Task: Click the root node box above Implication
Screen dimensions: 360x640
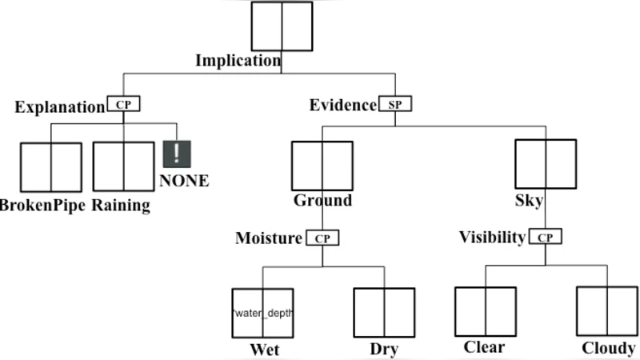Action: [x=282, y=26]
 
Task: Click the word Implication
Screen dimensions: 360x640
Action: [x=238, y=61]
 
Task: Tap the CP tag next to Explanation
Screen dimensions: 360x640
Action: [x=123, y=105]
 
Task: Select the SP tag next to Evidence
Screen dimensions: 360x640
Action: [x=395, y=105]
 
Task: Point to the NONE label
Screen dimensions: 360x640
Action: [x=184, y=181]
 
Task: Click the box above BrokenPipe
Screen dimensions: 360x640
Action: [x=51, y=166]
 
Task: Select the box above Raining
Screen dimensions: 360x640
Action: [x=123, y=166]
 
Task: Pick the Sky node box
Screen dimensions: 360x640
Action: [x=545, y=164]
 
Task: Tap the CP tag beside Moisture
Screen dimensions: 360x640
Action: [x=322, y=238]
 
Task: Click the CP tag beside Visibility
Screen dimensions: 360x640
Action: [x=546, y=238]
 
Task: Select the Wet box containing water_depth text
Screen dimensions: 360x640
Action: [x=262, y=312]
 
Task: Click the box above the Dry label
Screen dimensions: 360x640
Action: [x=384, y=312]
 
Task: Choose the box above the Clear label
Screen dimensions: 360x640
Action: [x=485, y=310]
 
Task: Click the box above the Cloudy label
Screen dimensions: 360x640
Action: [x=606, y=310]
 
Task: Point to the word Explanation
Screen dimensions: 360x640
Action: [x=59, y=107]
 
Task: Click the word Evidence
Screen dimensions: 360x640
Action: [x=343, y=105]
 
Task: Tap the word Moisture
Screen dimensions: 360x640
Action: [x=269, y=238]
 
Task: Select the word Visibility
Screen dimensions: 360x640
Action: [x=492, y=238]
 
